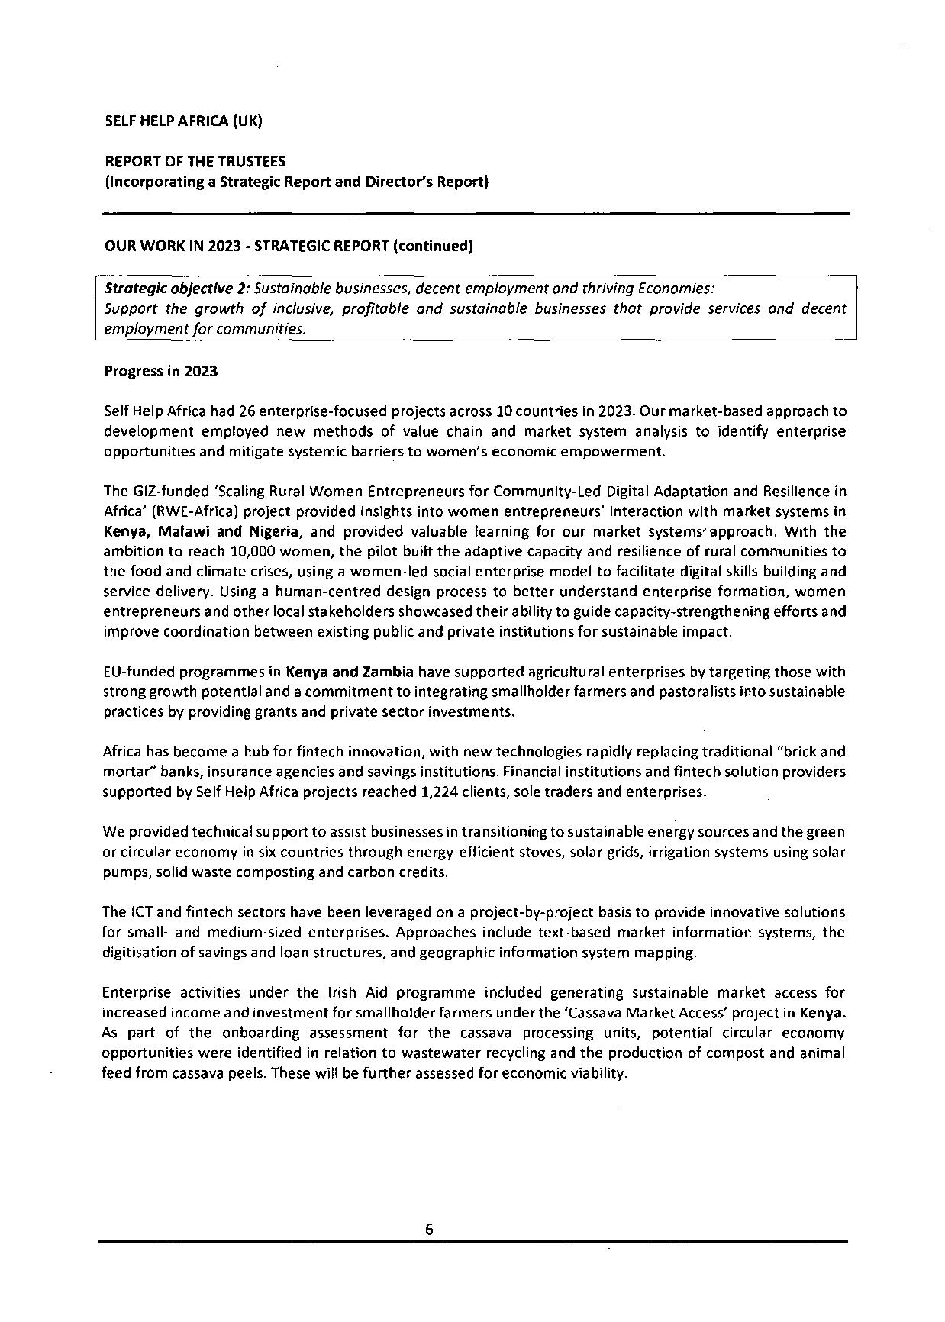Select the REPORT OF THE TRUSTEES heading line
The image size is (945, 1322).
195,161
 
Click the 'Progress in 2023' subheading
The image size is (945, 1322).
160,371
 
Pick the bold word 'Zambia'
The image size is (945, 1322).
388,672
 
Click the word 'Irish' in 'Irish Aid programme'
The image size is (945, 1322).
343,993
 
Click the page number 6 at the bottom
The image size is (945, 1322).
429,1229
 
